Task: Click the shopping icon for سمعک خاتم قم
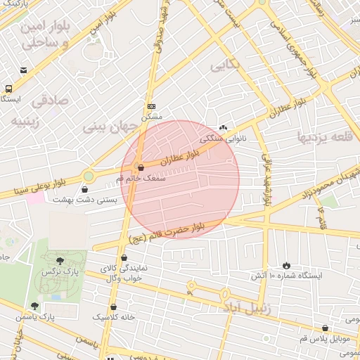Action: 141,168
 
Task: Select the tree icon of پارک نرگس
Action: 60,260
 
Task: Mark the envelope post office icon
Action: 24,70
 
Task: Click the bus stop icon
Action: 8,89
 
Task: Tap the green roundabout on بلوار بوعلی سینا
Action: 89,176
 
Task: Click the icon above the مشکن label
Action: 151,105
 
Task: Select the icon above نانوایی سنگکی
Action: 224,127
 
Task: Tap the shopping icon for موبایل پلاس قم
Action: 324,328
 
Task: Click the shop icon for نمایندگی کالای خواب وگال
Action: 124,258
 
